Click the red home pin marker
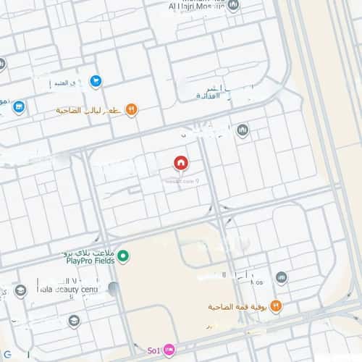[180, 164]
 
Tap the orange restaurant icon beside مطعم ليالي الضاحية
[131, 109]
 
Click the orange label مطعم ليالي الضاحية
[90, 110]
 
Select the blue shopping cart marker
[95, 81]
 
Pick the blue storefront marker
[19, 107]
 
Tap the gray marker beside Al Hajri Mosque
[233, 5]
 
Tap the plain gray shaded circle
[113, 289]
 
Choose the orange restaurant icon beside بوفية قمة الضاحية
[276, 306]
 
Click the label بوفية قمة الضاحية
[235, 307]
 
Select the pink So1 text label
[153, 352]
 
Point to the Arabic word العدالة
[214, 95]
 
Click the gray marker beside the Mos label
[282, 277]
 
